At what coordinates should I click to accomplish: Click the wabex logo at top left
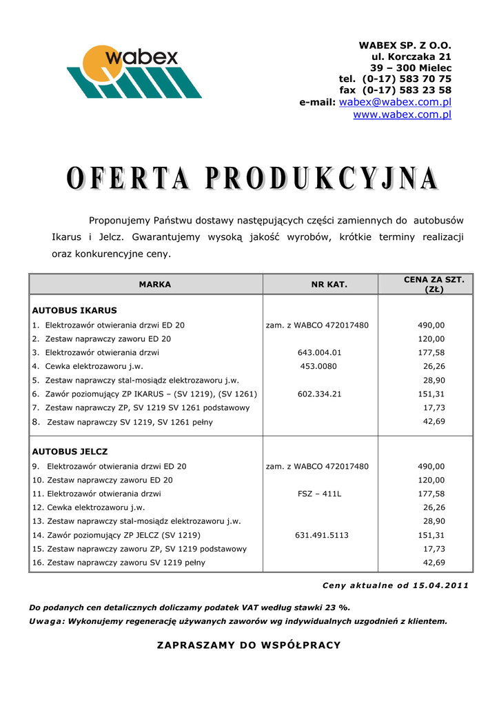(134, 71)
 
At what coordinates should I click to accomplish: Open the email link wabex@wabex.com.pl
(395, 102)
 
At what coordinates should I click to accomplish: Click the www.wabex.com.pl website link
(402, 114)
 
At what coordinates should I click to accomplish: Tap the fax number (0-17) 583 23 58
(407, 90)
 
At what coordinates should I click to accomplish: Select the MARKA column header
(154, 284)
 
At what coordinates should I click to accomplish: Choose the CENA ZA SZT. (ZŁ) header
(434, 284)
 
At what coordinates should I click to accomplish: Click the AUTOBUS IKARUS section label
(74, 310)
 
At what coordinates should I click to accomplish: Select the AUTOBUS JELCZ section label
(70, 452)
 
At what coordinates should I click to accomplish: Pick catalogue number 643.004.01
(319, 352)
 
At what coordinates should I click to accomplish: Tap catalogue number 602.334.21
(319, 394)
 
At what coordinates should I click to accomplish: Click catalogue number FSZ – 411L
(319, 494)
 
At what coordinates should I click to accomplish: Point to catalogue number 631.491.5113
(322, 535)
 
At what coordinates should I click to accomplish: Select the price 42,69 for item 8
(434, 421)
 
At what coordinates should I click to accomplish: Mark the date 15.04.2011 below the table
(440, 585)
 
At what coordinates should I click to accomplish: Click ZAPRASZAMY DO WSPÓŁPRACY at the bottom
(249, 645)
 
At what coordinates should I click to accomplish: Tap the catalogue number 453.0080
(318, 366)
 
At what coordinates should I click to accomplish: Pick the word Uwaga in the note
(46, 621)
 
